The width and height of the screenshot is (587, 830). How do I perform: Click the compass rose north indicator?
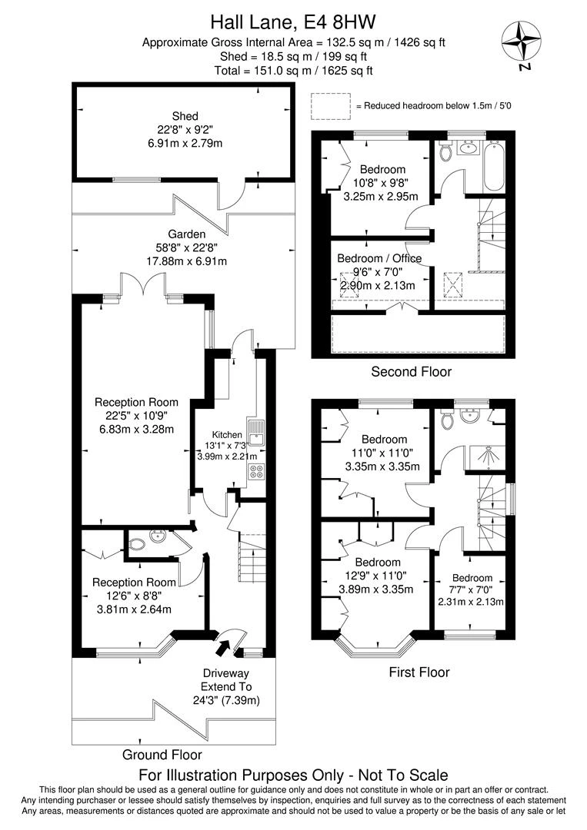click(x=521, y=41)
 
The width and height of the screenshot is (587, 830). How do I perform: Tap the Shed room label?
click(x=185, y=116)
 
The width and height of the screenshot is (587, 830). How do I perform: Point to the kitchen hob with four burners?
click(x=257, y=471)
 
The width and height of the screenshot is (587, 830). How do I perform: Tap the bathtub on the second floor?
click(x=494, y=167)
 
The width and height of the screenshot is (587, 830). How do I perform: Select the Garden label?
click(x=186, y=234)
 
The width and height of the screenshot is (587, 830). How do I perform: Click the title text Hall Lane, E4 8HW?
click(x=293, y=22)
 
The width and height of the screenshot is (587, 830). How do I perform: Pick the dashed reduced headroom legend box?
click(x=331, y=106)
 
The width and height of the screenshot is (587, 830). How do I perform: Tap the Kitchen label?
click(x=227, y=434)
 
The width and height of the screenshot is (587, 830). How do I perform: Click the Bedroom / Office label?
click(x=379, y=258)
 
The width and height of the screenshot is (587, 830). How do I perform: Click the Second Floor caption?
click(x=411, y=372)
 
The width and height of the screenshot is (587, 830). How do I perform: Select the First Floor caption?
click(x=419, y=672)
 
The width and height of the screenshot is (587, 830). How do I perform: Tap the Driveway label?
click(x=225, y=673)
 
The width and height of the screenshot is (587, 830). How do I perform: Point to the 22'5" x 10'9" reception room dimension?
click(x=137, y=416)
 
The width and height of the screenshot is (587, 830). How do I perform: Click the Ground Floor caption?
click(x=162, y=755)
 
